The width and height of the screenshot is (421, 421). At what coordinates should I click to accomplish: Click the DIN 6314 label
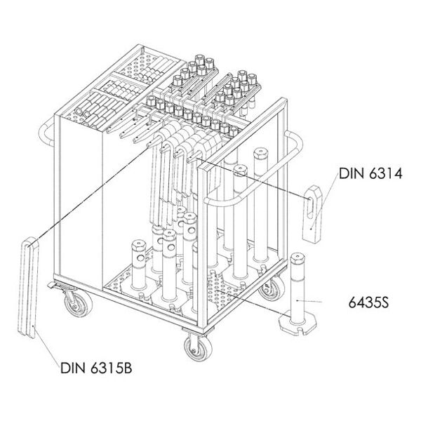pos(370,173)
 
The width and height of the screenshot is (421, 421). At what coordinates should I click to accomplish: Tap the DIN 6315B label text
pos(96,368)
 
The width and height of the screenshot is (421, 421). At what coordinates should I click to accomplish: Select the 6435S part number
pos(368,302)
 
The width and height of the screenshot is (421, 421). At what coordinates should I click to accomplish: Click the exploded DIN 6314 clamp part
pos(312,214)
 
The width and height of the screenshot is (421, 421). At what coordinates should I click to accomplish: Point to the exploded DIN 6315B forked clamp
pos(29,287)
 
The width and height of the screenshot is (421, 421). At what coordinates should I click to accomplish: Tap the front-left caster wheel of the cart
pos(79,304)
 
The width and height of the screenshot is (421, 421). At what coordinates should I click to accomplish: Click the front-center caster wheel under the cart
pos(198,348)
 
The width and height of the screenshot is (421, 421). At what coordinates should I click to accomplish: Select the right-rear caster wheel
pos(272,288)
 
